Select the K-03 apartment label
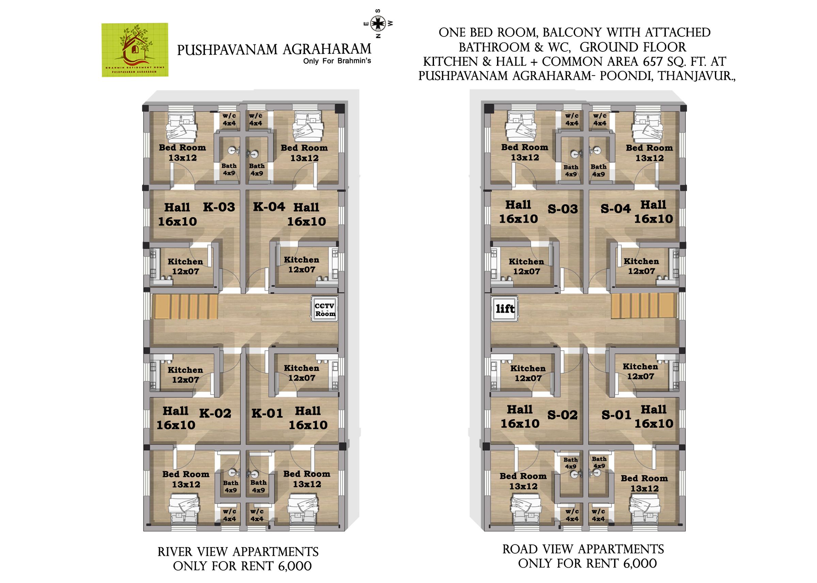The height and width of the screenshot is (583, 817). pyautogui.click(x=219, y=207)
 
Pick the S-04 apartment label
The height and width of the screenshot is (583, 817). pyautogui.click(x=615, y=208)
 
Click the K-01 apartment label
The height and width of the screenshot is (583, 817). pyautogui.click(x=267, y=413)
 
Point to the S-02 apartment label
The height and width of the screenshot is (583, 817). pyautogui.click(x=562, y=415)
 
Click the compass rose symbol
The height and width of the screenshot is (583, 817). pyautogui.click(x=378, y=24)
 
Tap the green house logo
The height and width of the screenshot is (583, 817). pyautogui.click(x=134, y=50)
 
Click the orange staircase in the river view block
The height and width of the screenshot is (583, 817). pyautogui.click(x=186, y=306)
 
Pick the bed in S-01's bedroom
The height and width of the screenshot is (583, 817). pyautogui.click(x=644, y=510)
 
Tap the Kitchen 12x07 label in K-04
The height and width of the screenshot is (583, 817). pyautogui.click(x=301, y=265)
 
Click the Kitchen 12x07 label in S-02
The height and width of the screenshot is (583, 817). pyautogui.click(x=527, y=373)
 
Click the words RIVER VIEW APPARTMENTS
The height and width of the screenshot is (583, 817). pyautogui.click(x=238, y=552)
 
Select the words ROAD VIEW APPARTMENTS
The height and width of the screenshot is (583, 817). pyautogui.click(x=583, y=549)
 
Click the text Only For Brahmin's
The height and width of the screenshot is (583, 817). pyautogui.click(x=337, y=61)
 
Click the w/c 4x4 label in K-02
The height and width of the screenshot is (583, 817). pyautogui.click(x=229, y=515)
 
